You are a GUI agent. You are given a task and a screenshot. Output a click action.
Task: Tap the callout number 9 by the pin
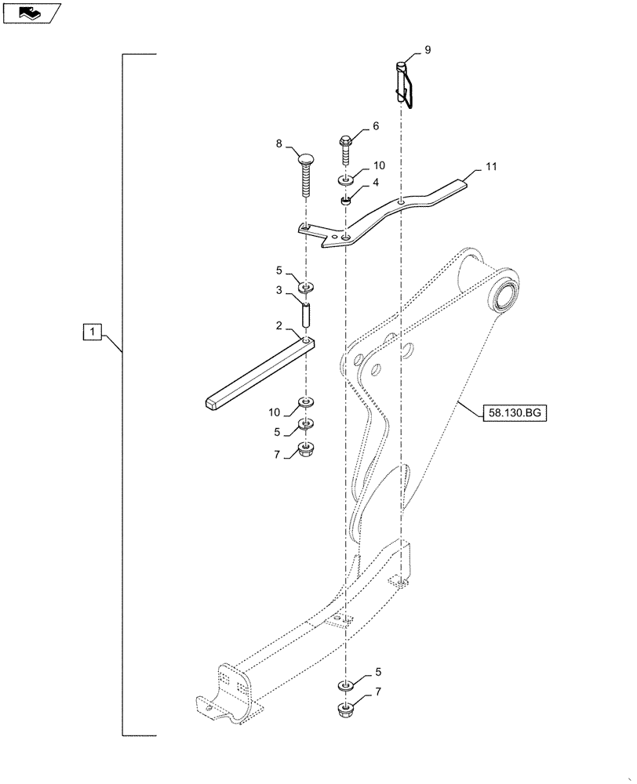(428, 49)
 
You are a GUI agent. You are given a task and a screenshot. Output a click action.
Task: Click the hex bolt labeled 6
(346, 149)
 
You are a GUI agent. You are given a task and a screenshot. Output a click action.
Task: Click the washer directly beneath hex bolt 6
(346, 181)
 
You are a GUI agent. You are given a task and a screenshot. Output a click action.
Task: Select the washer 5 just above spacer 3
(306, 282)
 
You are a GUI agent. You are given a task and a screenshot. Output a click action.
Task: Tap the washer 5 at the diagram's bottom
(345, 686)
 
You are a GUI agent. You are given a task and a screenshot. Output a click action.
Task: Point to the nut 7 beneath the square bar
(306, 451)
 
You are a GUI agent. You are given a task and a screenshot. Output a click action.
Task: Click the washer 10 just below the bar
(306, 405)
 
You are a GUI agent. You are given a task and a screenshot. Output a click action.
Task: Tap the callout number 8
(278, 144)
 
